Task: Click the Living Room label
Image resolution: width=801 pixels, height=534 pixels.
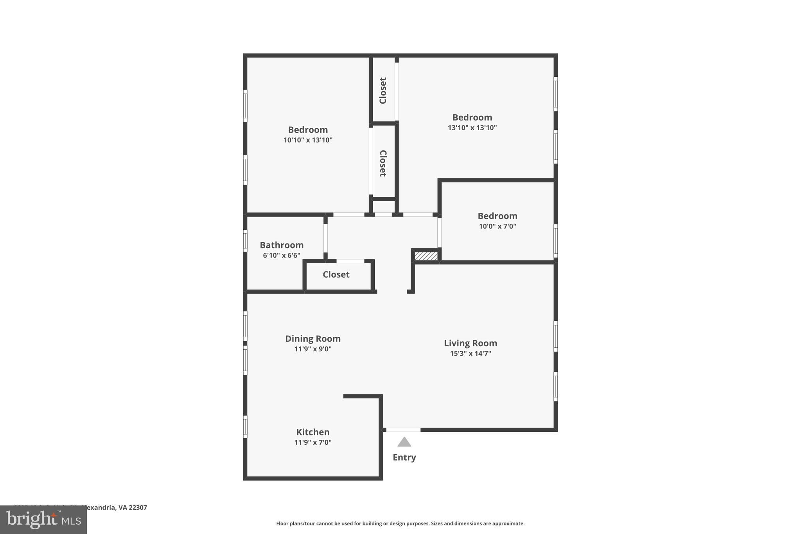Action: pos(470,343)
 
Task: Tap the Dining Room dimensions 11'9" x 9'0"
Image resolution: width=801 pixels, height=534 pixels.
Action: pos(312,349)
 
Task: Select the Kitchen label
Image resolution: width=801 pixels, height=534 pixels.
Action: pos(312,432)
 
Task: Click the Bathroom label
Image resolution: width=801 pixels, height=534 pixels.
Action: pos(282,245)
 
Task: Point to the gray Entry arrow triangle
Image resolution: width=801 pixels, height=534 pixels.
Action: pos(404,442)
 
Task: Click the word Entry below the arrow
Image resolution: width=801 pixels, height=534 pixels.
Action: pos(404,457)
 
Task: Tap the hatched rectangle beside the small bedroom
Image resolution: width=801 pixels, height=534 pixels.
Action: pos(426,256)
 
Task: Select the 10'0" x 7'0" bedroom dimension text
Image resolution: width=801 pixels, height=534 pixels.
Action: pos(497,226)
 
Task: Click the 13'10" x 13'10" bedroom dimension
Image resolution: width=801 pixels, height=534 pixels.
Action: pos(472,128)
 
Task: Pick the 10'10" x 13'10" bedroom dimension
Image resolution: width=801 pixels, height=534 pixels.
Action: pos(308,140)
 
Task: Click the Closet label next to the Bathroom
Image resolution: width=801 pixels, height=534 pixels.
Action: pos(336,274)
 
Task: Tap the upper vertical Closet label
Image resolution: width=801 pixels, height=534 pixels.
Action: pos(383,90)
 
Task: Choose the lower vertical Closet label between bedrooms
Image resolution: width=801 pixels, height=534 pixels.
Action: pos(383,163)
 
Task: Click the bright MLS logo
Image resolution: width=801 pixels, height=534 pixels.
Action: pos(43,520)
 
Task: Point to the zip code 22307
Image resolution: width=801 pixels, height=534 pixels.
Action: pos(138,507)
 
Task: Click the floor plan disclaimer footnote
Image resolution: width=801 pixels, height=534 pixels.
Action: pos(400,523)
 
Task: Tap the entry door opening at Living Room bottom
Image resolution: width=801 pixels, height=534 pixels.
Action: pos(403,430)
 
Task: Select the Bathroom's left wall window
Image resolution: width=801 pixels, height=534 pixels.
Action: pos(245,241)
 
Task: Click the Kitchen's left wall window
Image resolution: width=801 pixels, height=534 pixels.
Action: pos(245,426)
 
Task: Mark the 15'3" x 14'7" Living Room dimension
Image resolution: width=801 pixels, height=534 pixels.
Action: pos(470,353)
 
